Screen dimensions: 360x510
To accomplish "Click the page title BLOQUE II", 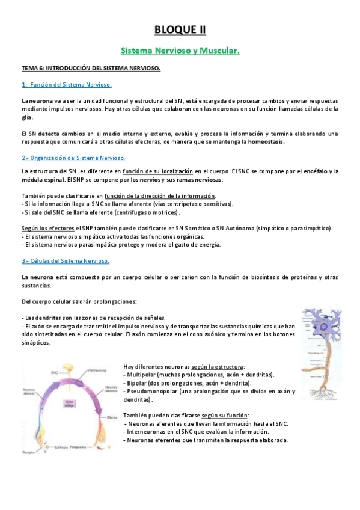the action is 180,30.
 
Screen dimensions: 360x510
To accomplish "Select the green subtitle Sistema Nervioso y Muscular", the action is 180,51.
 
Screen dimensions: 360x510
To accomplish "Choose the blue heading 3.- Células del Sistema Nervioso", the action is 65,261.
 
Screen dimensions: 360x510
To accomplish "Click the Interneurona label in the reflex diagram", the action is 98,370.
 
